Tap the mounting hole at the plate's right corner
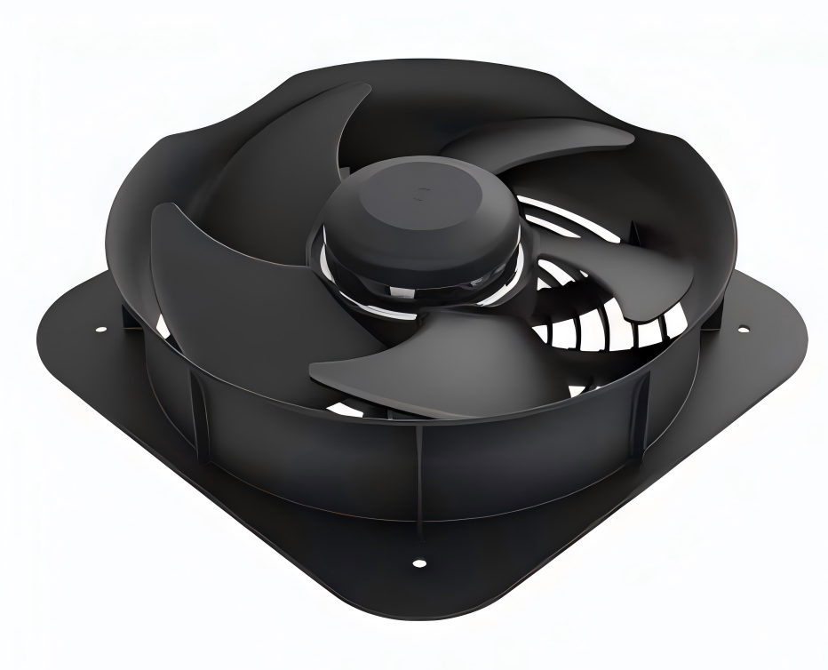point(743,330)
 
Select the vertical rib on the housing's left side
point(201,418)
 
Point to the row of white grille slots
point(604,333)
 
